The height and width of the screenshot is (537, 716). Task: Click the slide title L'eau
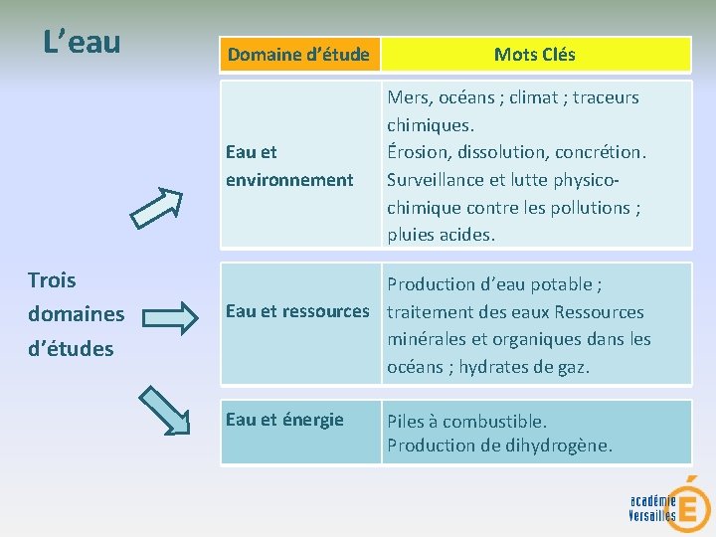coord(83,43)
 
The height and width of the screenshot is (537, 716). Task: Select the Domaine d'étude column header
coord(298,55)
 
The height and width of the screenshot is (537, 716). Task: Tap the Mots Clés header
coord(534,55)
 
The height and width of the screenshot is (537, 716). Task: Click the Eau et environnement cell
coord(289,166)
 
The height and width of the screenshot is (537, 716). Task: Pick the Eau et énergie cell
coord(284,420)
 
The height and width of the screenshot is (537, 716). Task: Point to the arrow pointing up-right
coord(158,205)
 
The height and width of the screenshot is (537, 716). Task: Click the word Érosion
coord(417,153)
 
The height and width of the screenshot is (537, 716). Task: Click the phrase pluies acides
coord(441,236)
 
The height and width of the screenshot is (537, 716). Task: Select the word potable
coord(560,285)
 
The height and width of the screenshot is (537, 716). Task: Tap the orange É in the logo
coord(685,503)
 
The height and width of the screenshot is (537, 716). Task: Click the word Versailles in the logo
coord(651,515)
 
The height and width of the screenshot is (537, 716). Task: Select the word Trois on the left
coord(52,280)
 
